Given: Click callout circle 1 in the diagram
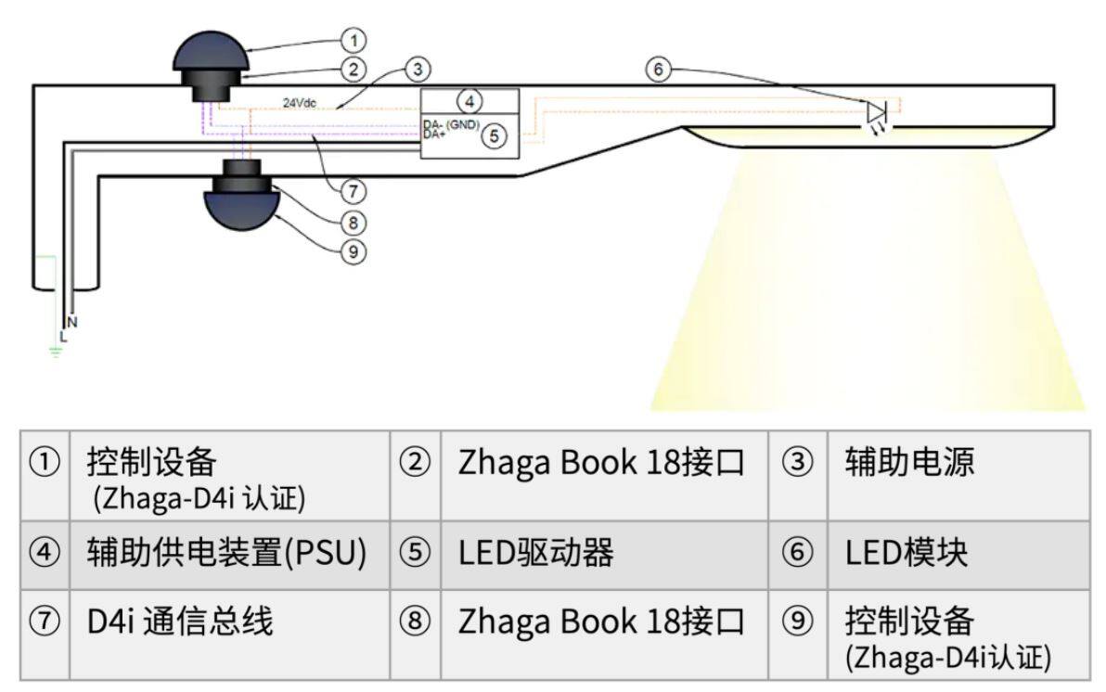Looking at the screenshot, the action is [354, 40].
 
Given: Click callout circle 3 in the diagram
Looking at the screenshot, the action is [418, 70].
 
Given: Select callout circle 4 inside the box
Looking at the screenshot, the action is [469, 102].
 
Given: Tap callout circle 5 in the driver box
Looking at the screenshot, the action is [494, 135].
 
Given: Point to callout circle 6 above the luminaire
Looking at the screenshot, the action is [658, 70].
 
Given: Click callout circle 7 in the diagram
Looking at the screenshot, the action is [354, 190].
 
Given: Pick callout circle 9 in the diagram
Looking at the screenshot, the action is [354, 251].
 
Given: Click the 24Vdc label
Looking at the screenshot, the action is [300, 103].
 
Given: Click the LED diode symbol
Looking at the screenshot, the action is [877, 112].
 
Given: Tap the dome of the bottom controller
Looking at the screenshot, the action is [241, 211].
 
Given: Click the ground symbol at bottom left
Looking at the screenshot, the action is [56, 351].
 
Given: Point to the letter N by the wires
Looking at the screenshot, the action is [72, 323].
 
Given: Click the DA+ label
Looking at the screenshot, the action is [434, 134].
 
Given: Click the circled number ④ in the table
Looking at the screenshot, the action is [45, 552].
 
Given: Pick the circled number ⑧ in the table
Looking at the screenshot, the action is [415, 622].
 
